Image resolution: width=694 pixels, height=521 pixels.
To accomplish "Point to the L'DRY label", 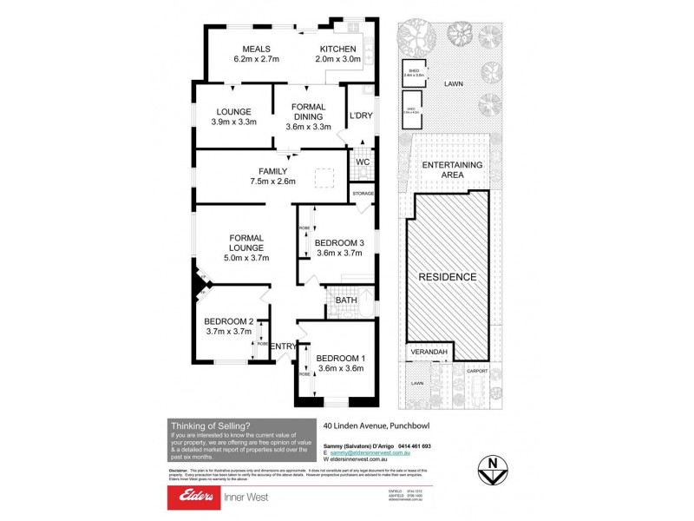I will coord(360,115).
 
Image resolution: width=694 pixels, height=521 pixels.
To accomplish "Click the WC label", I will coord(363,161).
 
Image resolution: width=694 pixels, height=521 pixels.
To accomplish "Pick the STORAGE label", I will coord(363,193).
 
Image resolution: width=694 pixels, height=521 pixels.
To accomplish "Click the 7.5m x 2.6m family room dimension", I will coord(272,181).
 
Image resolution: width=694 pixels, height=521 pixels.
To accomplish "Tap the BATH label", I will coord(345,300).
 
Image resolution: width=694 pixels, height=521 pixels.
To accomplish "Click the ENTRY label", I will coord(283,346).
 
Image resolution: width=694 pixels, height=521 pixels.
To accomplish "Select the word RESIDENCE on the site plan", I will coord(448,277).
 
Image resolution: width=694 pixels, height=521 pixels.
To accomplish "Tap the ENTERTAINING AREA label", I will coord(453,169).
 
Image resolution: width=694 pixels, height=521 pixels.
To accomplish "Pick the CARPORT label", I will coord(477,372).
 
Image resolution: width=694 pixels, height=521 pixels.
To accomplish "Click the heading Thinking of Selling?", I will coord(210,425).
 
